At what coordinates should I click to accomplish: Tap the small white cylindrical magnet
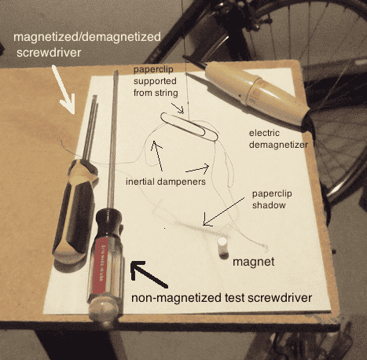tap(222, 246)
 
